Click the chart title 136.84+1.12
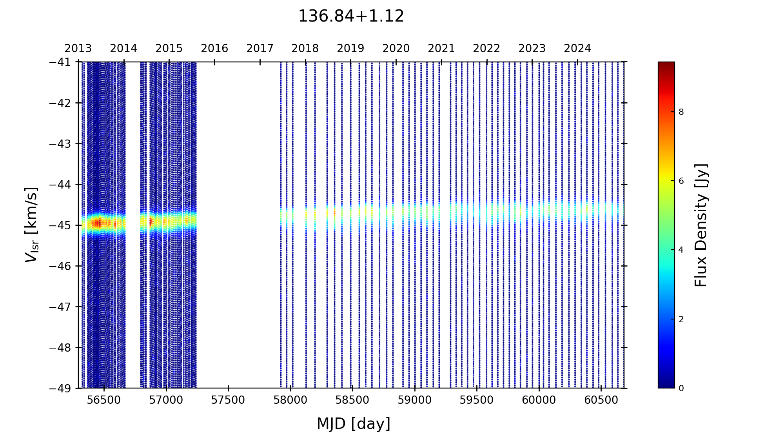pos(351,16)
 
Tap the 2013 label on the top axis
pos(78,49)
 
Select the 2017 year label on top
pos(260,49)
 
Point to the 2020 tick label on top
pos(396,49)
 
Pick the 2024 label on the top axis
pos(577,49)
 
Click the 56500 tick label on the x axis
pos(104,400)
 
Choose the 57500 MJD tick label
pos(228,400)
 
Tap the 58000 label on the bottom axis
pos(290,400)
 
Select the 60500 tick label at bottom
pos(601,400)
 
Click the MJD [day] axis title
pos(354,424)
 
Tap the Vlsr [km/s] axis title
pos(32,225)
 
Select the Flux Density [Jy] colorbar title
pos(701,225)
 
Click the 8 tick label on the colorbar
pos(681,112)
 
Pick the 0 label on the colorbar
pos(681,388)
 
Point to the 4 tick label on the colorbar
pos(681,250)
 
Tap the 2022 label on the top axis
pos(486,49)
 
